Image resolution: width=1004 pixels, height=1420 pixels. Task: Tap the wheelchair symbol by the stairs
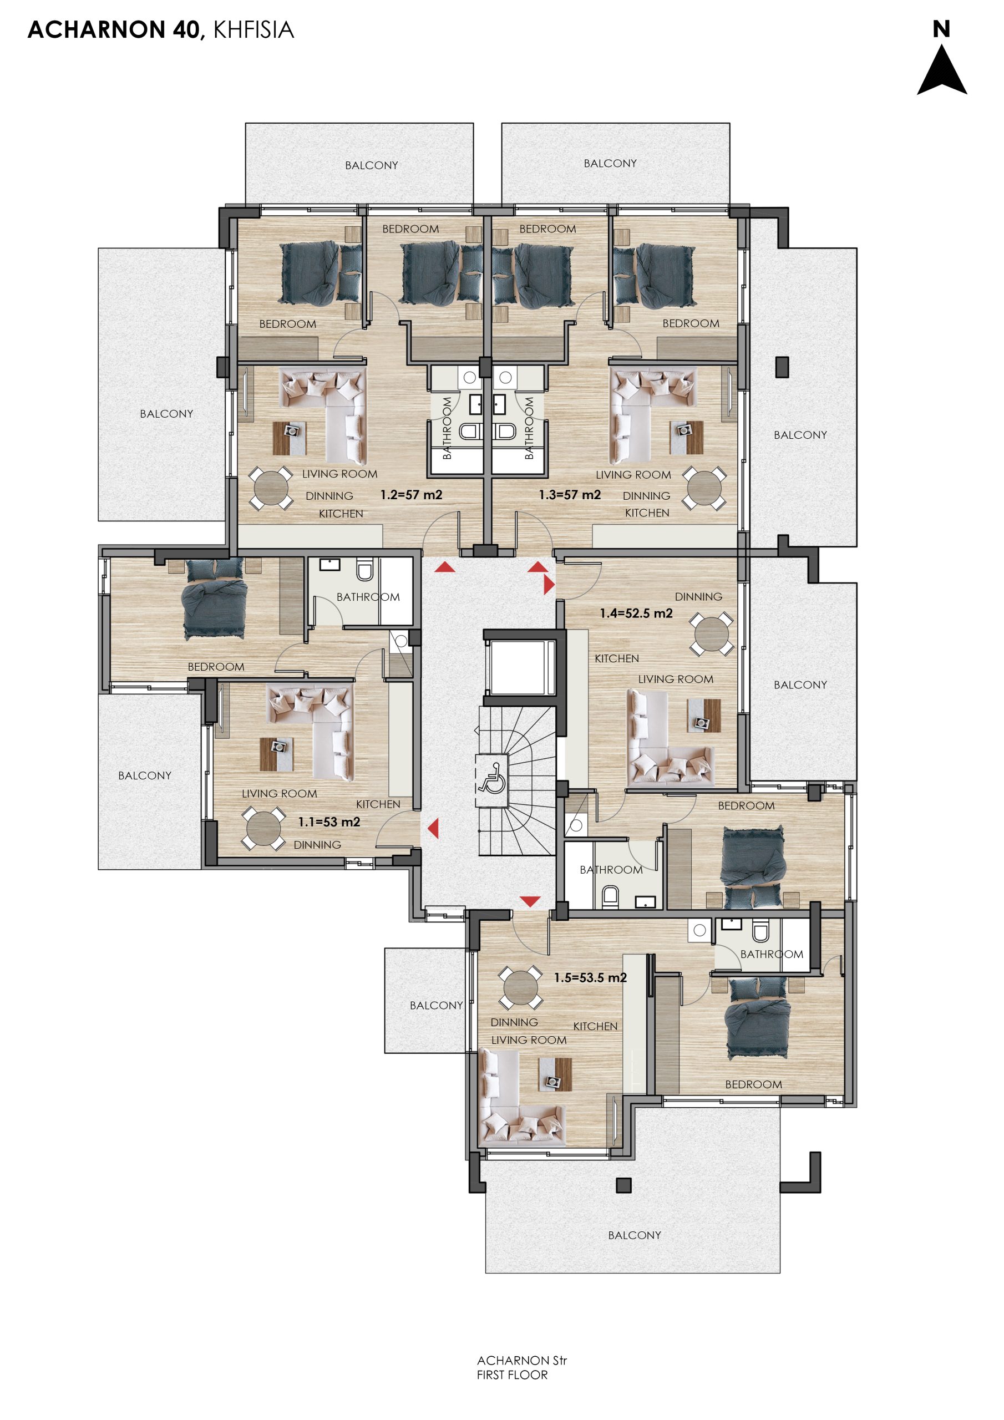click(492, 779)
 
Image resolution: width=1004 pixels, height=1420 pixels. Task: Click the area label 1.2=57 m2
click(412, 495)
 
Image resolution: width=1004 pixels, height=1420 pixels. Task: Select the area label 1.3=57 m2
click(570, 495)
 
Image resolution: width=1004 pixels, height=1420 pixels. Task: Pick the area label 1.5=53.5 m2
click(590, 978)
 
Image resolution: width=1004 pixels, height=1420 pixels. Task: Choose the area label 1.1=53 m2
click(329, 822)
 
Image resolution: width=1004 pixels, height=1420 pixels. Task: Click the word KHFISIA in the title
click(253, 30)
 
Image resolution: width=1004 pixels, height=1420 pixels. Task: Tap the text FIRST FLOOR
click(512, 1375)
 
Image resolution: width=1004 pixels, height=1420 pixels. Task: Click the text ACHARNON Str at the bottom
click(521, 1361)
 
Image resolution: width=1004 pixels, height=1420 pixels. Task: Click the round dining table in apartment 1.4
click(712, 634)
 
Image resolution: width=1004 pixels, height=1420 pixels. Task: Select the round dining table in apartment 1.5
click(521, 988)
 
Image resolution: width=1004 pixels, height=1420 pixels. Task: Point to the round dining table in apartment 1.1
click(263, 828)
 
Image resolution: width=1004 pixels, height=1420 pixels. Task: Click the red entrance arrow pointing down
click(530, 901)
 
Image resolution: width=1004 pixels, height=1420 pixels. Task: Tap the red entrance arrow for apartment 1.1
click(433, 828)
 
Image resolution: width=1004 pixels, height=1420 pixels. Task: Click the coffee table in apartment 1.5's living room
click(555, 1074)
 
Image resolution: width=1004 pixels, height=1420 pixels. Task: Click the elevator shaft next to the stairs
click(520, 668)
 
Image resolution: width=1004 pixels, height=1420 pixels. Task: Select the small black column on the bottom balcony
click(623, 1185)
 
